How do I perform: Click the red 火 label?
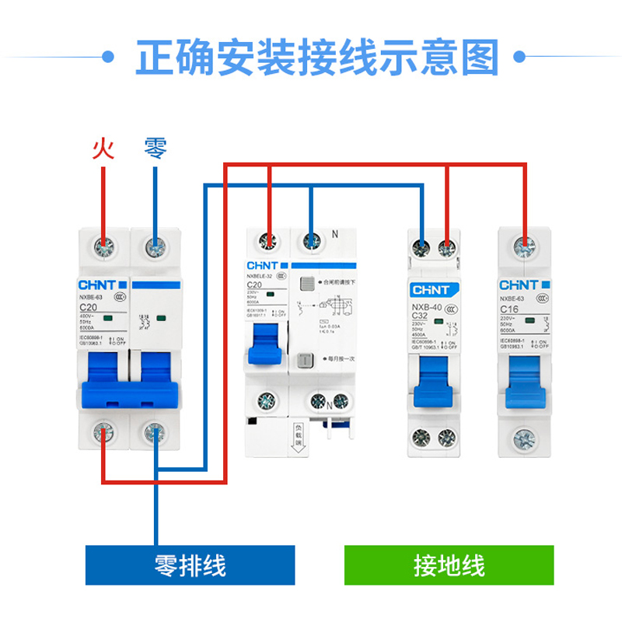click(x=103, y=148)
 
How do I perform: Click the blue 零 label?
click(x=155, y=148)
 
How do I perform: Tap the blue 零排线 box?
click(x=190, y=565)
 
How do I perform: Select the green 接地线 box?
click(x=449, y=565)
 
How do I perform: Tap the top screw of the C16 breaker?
click(x=526, y=248)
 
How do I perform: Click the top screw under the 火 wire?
click(x=103, y=247)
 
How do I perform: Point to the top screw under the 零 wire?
click(x=155, y=247)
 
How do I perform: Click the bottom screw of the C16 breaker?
click(x=526, y=437)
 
